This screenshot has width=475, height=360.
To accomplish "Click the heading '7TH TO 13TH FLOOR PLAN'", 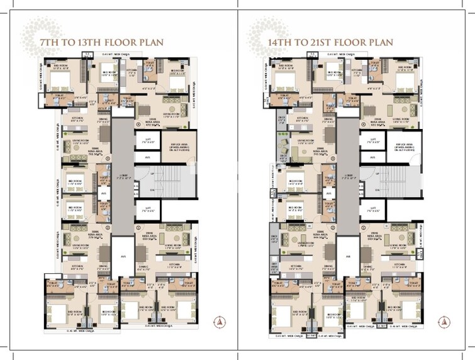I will tap(101, 43).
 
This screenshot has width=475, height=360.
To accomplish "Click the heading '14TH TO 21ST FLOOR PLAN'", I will tap(330, 43).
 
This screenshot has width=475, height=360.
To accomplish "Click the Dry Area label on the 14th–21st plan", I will tap(274, 266).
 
